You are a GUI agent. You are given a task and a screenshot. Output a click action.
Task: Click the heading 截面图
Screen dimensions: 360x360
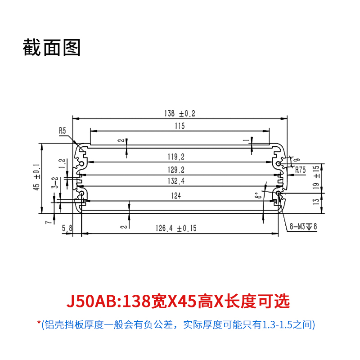tap(52, 48)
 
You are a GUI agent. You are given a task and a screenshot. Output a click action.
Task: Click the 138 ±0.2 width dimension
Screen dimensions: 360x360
tap(180, 113)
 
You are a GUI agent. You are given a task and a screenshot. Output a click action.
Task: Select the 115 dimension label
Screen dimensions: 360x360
tap(180, 126)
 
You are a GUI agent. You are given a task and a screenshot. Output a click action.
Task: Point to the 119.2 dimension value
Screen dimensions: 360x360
tap(176, 157)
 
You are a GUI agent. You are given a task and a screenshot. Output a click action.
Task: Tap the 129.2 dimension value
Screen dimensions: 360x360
tap(176, 170)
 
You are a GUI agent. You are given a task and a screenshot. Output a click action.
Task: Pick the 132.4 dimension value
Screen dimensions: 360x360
tap(176, 181)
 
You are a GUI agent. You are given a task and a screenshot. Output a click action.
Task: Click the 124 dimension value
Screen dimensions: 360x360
tap(176, 196)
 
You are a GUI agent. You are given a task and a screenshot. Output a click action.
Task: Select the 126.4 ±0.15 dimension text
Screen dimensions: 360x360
tap(176, 228)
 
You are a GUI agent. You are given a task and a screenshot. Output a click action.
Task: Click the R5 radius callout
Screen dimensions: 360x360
tap(63, 130)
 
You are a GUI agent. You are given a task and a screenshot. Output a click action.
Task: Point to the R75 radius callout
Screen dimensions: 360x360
tap(300, 170)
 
